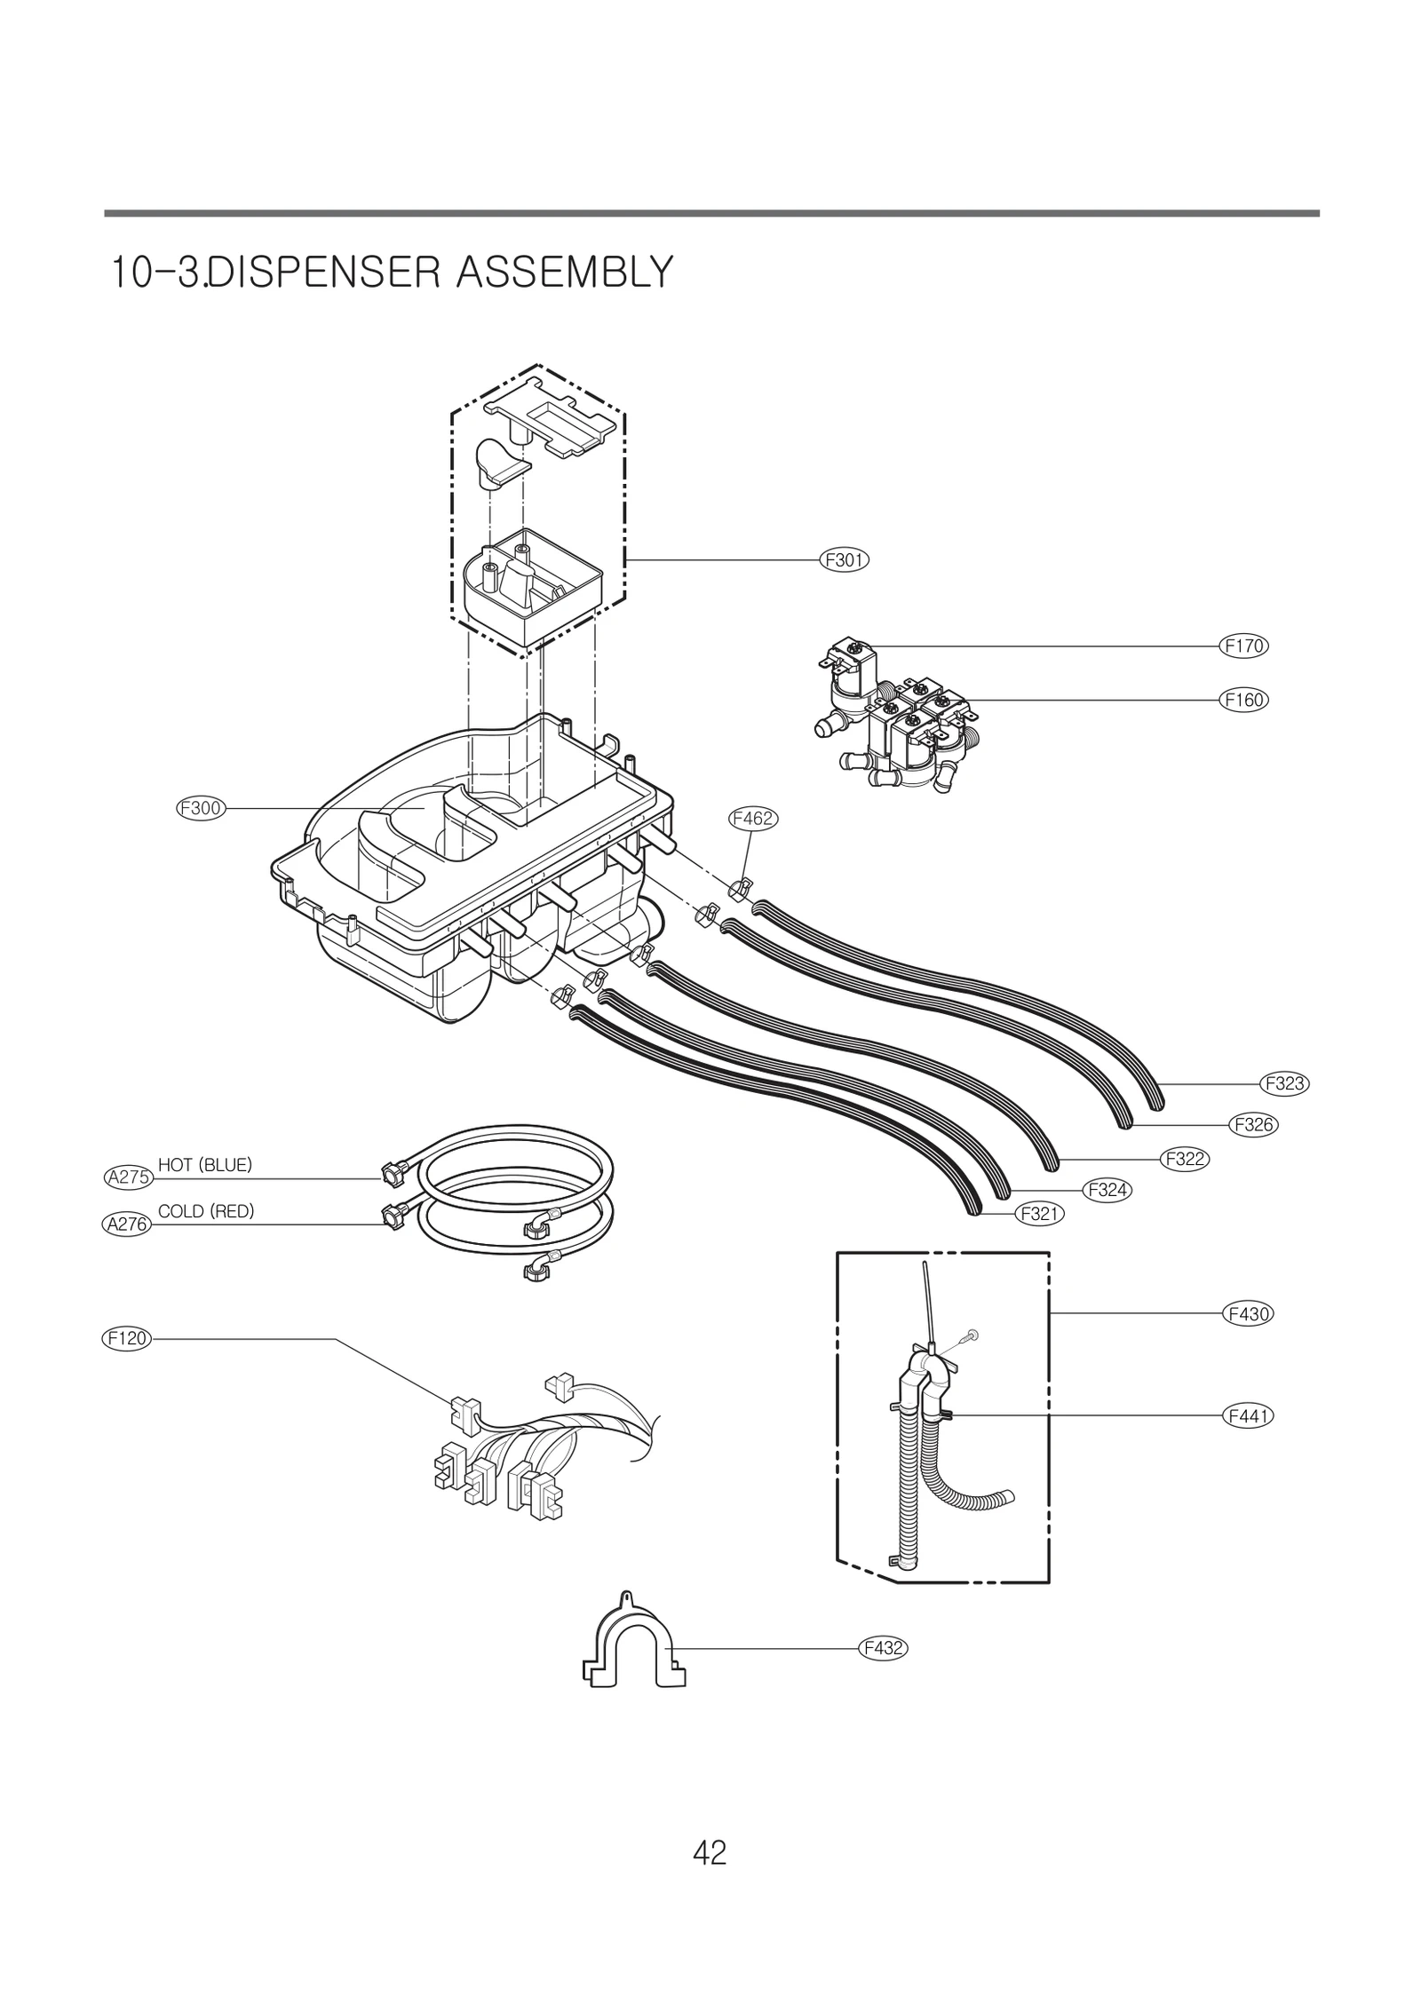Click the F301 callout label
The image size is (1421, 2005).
coord(844,560)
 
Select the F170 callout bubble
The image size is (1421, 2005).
coord(1243,646)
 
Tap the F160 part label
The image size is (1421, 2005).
coord(1243,700)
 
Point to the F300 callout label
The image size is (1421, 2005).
coord(200,809)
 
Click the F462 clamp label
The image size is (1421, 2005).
coord(752,819)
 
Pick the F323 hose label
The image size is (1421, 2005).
coord(1284,1084)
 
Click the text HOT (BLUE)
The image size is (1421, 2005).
coord(205,1165)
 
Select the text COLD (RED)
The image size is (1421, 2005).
coord(206,1211)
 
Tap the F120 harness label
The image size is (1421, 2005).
coord(126,1338)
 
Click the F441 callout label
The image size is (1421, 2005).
coord(1248,1416)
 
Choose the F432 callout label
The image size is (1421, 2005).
coord(883,1649)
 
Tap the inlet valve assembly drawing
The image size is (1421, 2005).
coord(897,719)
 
